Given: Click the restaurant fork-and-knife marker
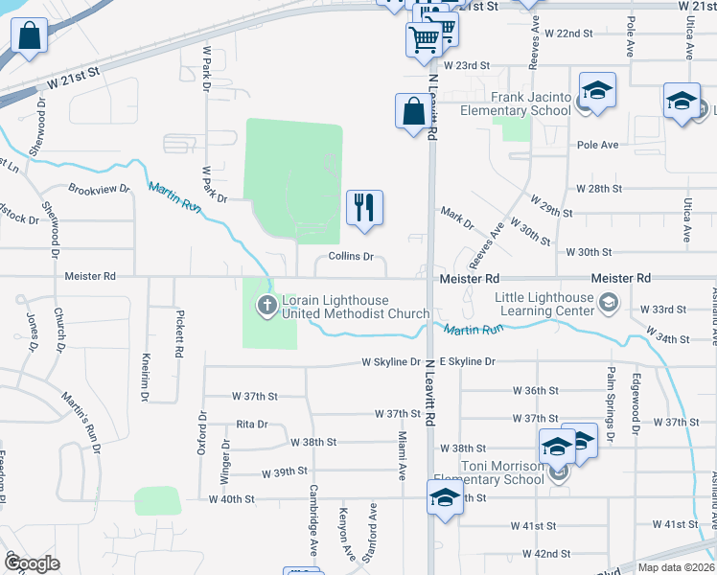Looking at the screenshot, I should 364,208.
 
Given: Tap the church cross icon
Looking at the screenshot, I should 265,307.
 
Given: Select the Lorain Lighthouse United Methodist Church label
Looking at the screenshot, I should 355,307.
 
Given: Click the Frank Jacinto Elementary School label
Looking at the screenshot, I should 530,103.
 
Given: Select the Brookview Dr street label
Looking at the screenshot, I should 99,189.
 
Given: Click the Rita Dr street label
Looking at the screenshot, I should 251,424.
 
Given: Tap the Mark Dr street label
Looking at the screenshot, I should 456,218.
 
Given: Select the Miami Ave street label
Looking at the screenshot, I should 403,455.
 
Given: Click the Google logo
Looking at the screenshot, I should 32,563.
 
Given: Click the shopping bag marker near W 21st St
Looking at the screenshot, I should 30,38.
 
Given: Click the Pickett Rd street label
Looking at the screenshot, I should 178,333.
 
